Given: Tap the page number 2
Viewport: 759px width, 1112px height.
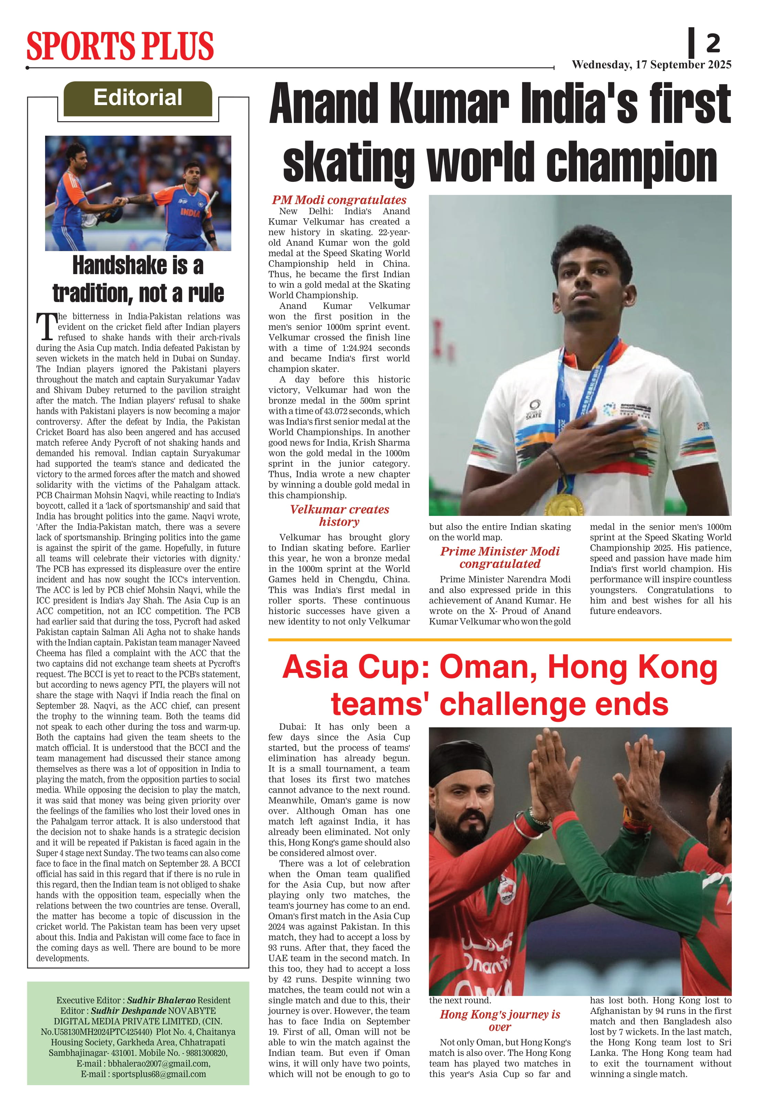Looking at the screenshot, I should (x=713, y=43).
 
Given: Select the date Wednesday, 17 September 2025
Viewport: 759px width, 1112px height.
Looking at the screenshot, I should (x=651, y=65).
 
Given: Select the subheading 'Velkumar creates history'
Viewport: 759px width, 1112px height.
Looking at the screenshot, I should (x=339, y=515).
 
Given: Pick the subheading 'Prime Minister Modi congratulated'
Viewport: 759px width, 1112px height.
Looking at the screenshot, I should (x=500, y=558).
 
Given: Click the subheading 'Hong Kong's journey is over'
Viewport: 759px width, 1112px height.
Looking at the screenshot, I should (x=500, y=1021).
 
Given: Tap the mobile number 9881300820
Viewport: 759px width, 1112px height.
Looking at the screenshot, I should (x=200, y=1053).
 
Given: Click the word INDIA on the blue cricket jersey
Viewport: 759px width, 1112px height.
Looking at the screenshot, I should (x=191, y=212).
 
